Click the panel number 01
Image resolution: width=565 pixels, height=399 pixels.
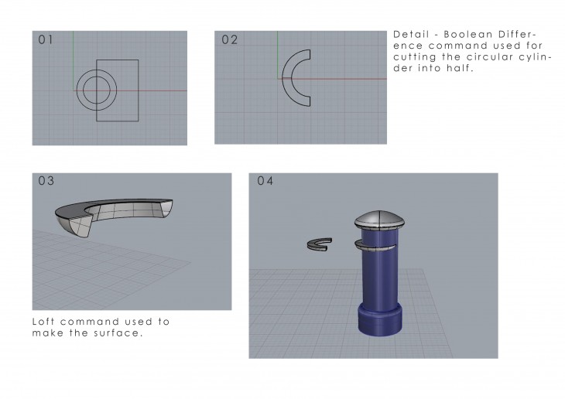(x=46, y=39)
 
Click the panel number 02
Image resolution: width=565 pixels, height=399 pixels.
(x=230, y=39)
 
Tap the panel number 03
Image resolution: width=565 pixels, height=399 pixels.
(x=46, y=181)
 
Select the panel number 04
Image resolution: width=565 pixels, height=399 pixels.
(x=265, y=181)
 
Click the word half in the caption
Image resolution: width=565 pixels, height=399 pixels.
(x=460, y=68)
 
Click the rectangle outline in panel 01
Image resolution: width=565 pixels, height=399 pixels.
(x=139, y=90)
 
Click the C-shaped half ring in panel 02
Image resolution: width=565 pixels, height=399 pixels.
(x=283, y=78)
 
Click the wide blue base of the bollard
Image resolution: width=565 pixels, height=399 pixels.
(x=379, y=320)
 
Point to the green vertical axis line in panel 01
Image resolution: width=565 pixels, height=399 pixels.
(x=74, y=60)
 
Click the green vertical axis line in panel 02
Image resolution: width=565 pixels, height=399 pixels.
(x=277, y=55)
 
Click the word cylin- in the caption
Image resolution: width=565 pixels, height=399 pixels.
(x=535, y=57)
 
